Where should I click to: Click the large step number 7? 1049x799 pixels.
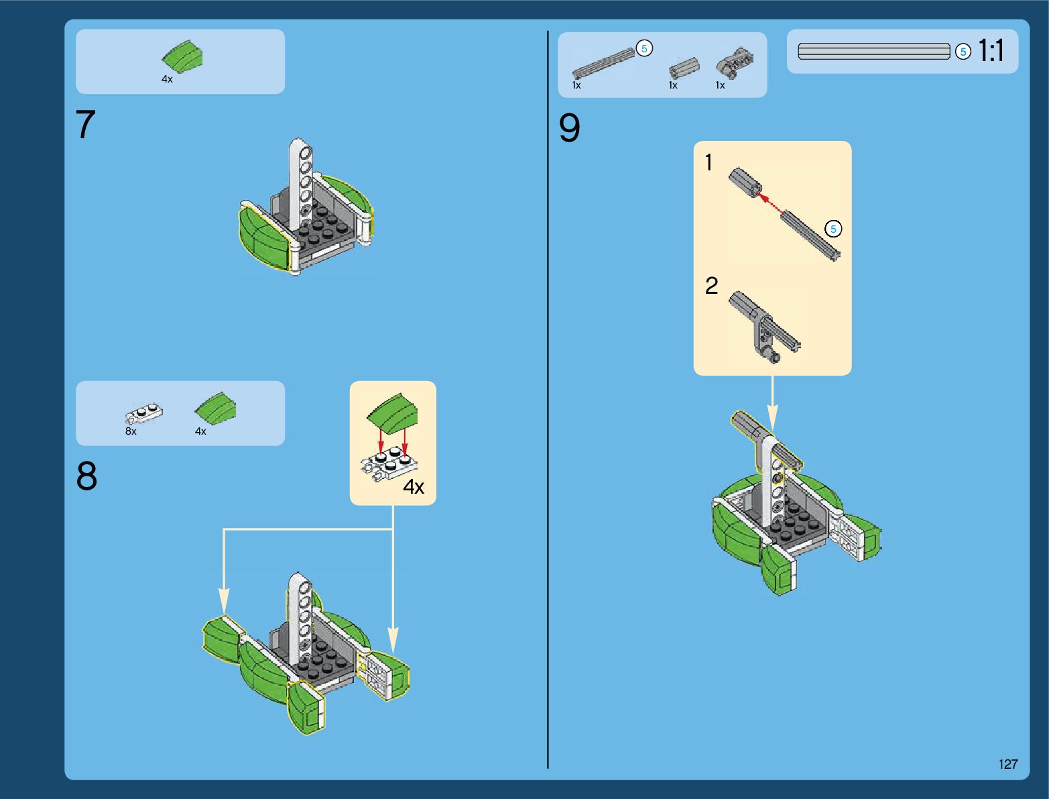click(86, 125)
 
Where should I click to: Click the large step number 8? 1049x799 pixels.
click(86, 477)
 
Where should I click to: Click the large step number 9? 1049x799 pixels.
click(569, 129)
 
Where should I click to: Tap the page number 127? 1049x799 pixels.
click(1007, 764)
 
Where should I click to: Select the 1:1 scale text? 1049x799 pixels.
click(991, 51)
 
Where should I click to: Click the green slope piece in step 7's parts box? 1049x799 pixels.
click(182, 56)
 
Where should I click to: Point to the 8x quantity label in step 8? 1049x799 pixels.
click(131, 431)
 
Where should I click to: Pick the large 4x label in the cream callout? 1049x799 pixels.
click(414, 487)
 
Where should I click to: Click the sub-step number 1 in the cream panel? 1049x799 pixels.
click(708, 162)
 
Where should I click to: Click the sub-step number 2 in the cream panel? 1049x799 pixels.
click(711, 286)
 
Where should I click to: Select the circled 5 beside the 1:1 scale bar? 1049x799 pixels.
click(963, 52)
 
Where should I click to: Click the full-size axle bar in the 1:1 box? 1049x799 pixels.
click(874, 52)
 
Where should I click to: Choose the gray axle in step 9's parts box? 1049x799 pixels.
click(603, 62)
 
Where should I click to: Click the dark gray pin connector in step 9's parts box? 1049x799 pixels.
click(734, 62)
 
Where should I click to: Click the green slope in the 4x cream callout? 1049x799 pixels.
click(393, 411)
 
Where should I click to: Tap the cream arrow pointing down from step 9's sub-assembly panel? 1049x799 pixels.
click(772, 403)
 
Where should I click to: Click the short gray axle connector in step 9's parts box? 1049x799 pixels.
click(684, 68)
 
